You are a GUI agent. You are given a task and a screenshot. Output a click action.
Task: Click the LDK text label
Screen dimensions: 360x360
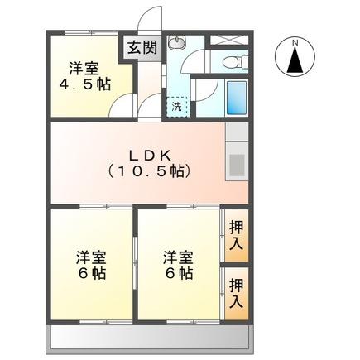[149, 155]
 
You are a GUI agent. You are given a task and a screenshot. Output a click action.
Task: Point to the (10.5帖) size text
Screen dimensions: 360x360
[149, 173]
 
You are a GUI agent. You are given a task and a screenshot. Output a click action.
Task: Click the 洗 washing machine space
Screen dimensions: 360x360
[177, 106]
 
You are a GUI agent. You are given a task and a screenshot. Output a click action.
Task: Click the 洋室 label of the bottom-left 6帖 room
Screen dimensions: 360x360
[91, 257]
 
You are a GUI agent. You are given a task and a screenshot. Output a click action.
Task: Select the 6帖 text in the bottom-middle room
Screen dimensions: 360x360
[180, 274]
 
